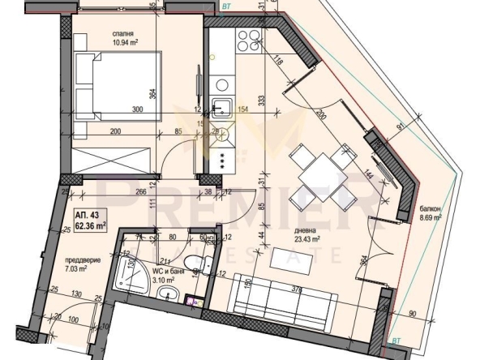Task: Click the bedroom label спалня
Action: [x=124, y=33]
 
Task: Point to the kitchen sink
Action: [x=221, y=105]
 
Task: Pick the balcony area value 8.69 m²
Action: [x=430, y=218]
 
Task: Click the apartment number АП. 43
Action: [x=87, y=213]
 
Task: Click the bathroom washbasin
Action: [x=166, y=294]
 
